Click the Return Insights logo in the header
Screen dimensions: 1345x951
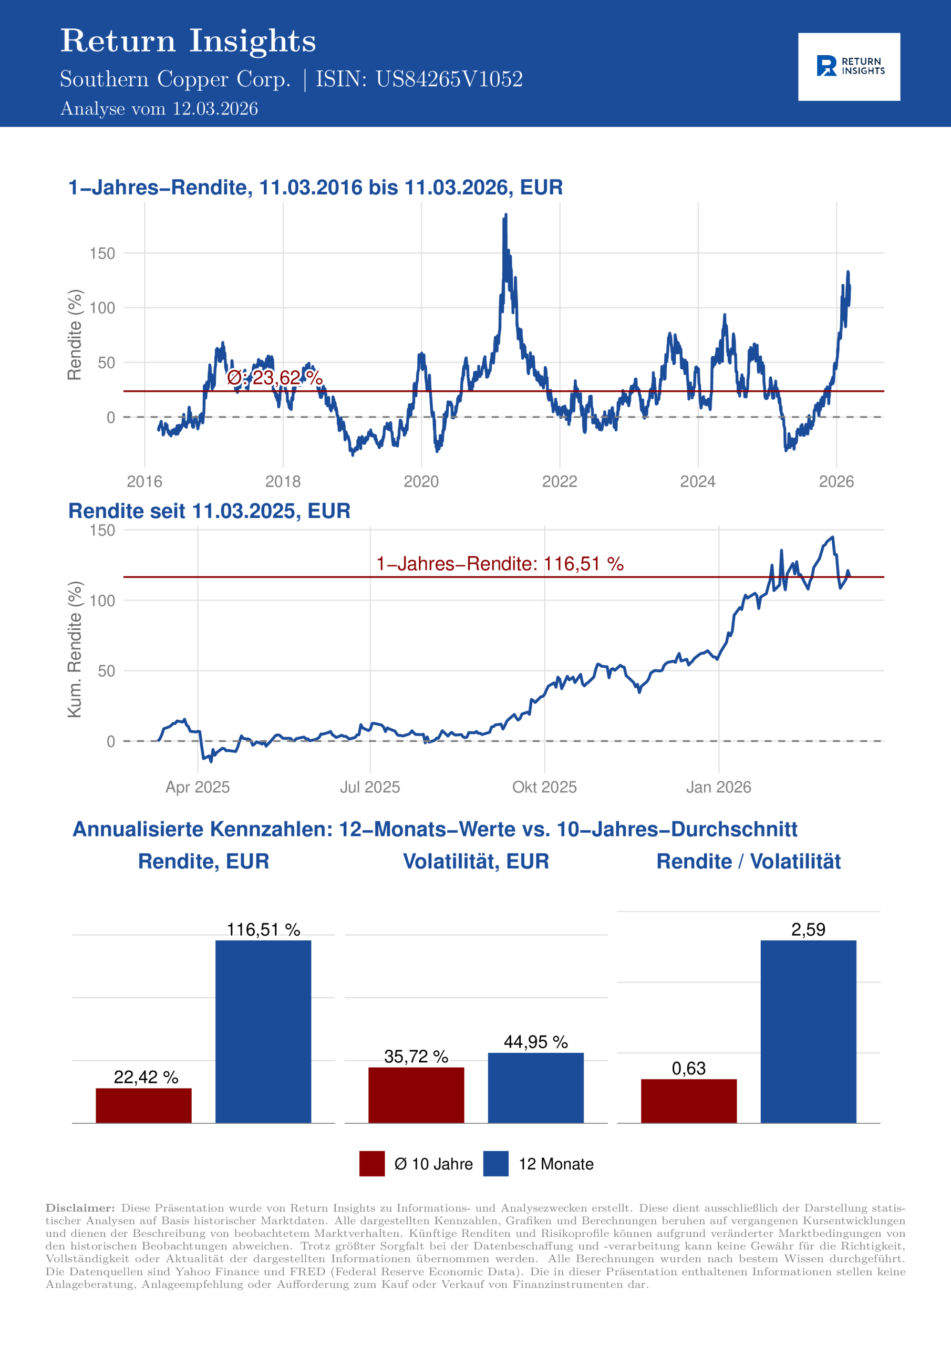[849, 67]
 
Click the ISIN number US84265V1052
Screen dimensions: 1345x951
[449, 79]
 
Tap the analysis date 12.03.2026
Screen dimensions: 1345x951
[215, 109]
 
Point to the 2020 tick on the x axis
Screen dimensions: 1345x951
[421, 482]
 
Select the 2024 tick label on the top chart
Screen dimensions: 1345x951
[697, 482]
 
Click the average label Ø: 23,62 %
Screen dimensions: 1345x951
[274, 378]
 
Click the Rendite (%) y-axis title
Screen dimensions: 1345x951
[75, 335]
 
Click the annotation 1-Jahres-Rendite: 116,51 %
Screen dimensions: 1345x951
[499, 564]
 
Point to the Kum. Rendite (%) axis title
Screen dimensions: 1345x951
[75, 649]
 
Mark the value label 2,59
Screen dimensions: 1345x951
[808, 929]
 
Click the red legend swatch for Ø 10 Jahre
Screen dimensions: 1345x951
[372, 1163]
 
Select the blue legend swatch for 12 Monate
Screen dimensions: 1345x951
[495, 1163]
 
